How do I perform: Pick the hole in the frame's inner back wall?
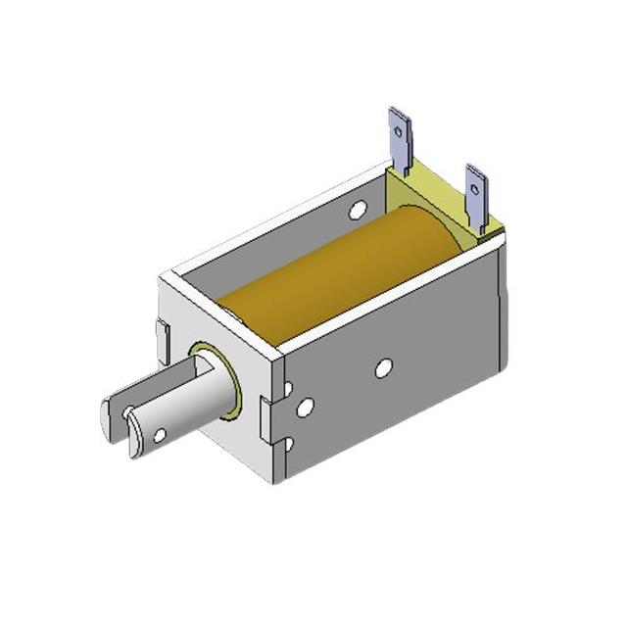(358, 208)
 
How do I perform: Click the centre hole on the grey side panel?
(383, 368)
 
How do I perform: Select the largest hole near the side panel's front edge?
(306, 406)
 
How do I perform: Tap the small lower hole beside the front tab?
(287, 445)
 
